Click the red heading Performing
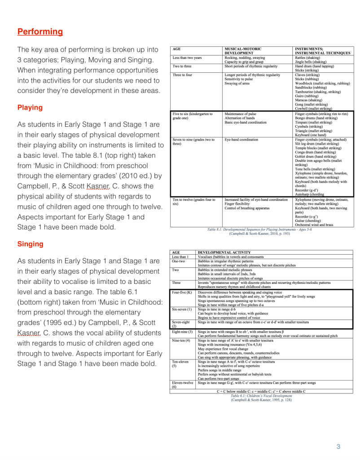pos(40,32)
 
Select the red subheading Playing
pos(30,107)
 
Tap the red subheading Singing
pos(30,244)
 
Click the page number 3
pos(338,446)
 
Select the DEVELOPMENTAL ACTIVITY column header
pos(224,252)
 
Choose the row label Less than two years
pos(187,58)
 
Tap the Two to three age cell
pos(182,66)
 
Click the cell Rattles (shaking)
pos(307,58)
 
